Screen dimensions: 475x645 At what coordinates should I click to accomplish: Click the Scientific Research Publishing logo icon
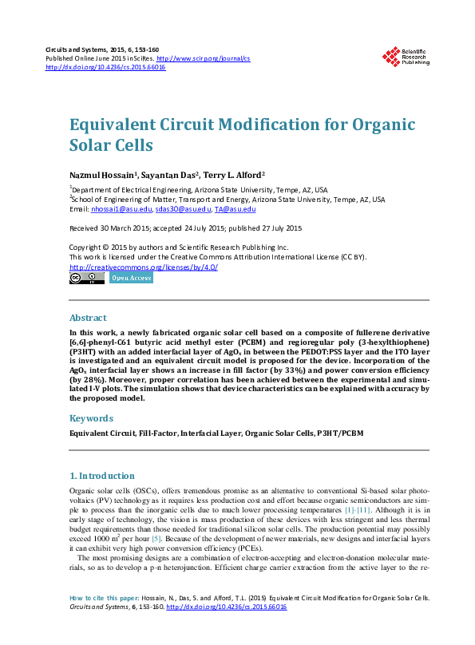coord(391,56)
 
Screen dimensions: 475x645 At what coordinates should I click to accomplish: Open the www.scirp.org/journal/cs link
coord(204,58)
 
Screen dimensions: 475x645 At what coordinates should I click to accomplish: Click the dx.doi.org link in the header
coord(105,67)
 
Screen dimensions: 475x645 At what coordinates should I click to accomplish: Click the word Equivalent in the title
coord(111,125)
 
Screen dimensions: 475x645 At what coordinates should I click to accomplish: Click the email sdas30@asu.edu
coord(182,209)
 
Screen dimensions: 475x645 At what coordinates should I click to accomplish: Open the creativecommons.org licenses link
coord(144,267)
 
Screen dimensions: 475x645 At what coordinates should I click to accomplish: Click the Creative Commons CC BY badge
coord(86,279)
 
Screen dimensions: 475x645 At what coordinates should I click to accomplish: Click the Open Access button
coord(131,279)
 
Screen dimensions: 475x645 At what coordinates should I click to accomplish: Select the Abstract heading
coord(88,317)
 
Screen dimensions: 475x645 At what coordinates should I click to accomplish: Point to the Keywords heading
coord(91,417)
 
